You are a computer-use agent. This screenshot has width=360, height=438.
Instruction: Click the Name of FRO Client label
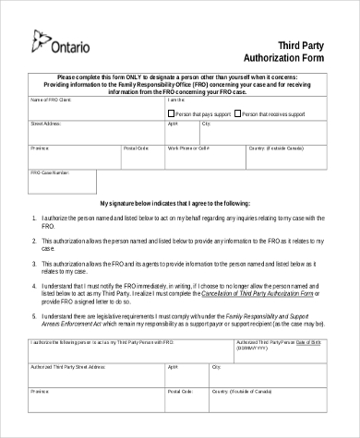click(51, 99)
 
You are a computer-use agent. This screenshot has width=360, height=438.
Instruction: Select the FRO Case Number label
click(50, 172)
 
